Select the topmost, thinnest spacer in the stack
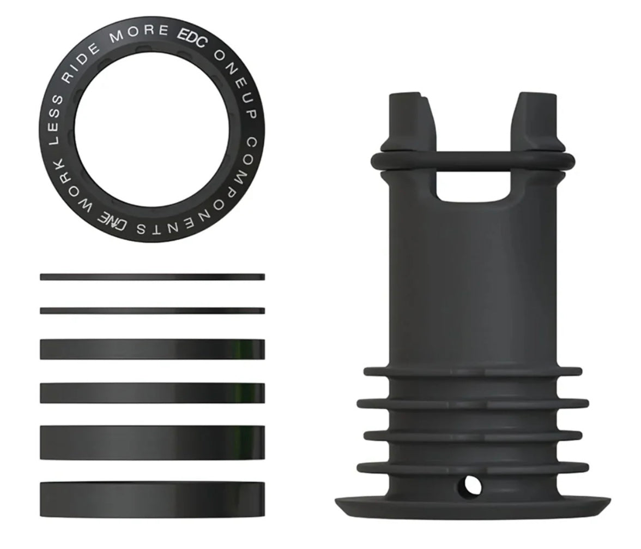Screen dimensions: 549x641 click(152, 277)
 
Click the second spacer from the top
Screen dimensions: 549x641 click(152, 311)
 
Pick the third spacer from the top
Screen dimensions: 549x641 click(152, 349)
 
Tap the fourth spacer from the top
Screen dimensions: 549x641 click(152, 393)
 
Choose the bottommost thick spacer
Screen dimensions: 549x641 click(152, 500)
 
